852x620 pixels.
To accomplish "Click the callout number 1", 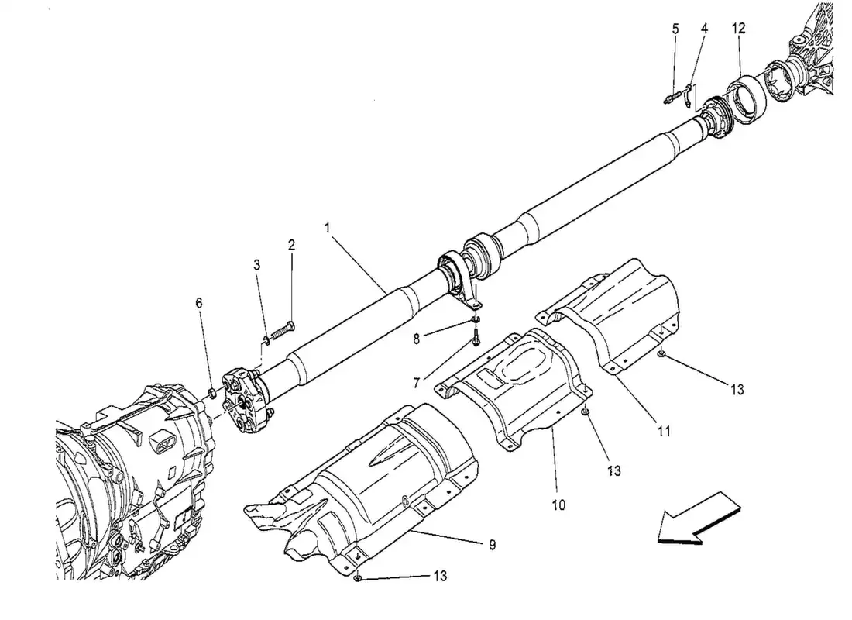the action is coord(327,227).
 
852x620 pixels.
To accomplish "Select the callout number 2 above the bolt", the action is coord(291,245).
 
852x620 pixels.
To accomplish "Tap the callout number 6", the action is coord(199,303).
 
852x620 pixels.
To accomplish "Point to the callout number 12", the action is coord(738,28).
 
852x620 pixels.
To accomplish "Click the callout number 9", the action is coord(493,544).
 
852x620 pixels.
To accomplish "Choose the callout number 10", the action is coord(558,505).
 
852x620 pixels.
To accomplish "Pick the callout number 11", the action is coord(664,432).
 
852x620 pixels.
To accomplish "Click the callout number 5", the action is coord(675,29).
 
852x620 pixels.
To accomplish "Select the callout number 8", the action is coord(416,339).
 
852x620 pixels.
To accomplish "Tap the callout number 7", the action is coord(416,384).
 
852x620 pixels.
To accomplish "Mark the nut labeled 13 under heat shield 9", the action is coord(358,577).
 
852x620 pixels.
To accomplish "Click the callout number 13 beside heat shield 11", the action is coord(737,390).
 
